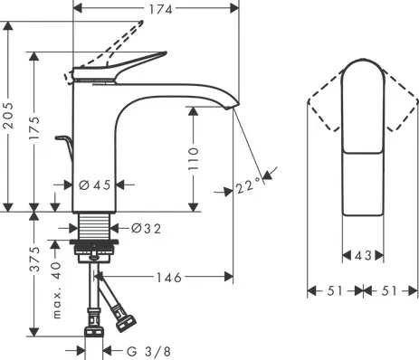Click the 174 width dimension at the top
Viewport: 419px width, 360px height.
click(161, 9)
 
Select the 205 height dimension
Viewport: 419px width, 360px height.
click(8, 116)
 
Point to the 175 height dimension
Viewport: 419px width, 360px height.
click(34, 128)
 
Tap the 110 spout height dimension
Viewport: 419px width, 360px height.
click(194, 158)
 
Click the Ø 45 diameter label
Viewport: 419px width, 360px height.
click(95, 185)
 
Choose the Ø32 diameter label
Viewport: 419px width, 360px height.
click(146, 229)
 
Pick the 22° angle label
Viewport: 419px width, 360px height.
click(248, 186)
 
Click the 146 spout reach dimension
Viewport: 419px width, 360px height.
click(169, 278)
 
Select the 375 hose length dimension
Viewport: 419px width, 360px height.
click(35, 259)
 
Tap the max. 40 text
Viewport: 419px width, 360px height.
click(57, 290)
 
